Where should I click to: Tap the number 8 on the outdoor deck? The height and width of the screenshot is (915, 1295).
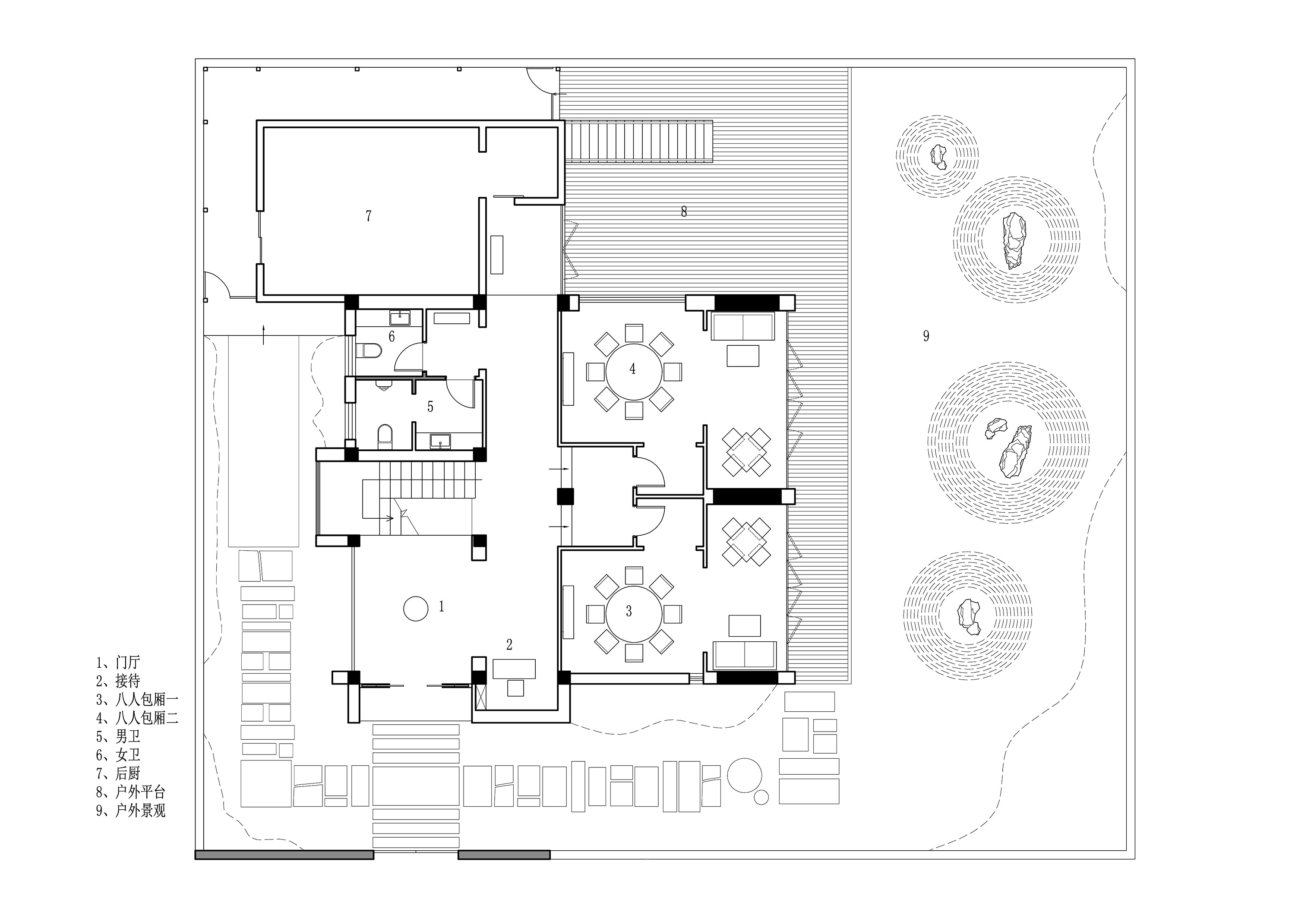pyautogui.click(x=684, y=212)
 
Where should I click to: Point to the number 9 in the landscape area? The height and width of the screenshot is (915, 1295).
pyautogui.click(x=925, y=336)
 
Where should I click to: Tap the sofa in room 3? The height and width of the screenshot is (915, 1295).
pyautogui.click(x=745, y=653)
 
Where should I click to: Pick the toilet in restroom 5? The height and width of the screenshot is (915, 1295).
pyautogui.click(x=385, y=436)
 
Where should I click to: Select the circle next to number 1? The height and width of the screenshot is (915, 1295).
pyautogui.click(x=416, y=609)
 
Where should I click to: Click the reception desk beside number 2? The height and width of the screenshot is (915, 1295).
pyautogui.click(x=514, y=669)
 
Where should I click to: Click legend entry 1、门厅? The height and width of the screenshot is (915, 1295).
pyautogui.click(x=118, y=662)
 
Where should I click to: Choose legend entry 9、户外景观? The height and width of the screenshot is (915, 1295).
pyautogui.click(x=131, y=810)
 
